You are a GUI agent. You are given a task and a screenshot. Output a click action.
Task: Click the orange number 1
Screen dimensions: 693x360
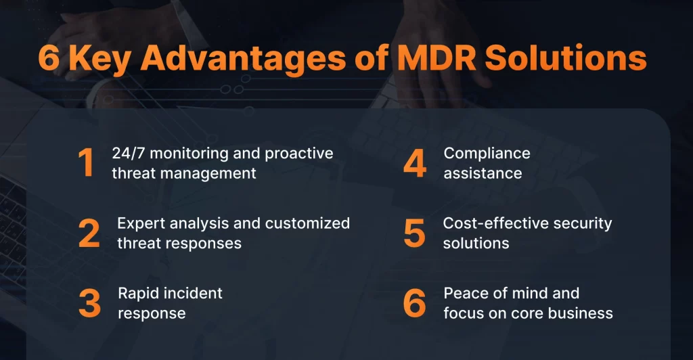[86, 162]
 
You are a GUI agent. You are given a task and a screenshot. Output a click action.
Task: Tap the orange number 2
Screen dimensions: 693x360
[89, 233]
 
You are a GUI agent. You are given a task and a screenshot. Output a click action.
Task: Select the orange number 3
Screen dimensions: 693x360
[90, 303]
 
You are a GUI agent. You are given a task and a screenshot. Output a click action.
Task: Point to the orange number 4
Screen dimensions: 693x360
[415, 162]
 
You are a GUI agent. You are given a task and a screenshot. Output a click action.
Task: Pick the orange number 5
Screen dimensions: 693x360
[415, 233]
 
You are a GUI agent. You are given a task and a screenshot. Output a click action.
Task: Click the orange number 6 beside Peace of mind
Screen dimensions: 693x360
[415, 303]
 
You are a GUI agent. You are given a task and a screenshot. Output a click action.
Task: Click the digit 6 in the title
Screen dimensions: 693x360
[49, 58]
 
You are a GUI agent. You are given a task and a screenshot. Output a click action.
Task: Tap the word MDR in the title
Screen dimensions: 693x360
[437, 58]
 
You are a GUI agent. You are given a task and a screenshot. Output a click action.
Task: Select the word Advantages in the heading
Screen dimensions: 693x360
[243, 58]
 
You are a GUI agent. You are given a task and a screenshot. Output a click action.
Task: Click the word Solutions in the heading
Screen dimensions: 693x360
[566, 58]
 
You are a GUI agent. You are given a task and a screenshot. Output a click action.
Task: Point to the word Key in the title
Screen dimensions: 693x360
[100, 59]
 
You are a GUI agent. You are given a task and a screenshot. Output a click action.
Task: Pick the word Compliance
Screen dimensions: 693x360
[487, 154]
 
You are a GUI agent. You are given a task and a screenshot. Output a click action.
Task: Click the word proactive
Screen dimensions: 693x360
[298, 154]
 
